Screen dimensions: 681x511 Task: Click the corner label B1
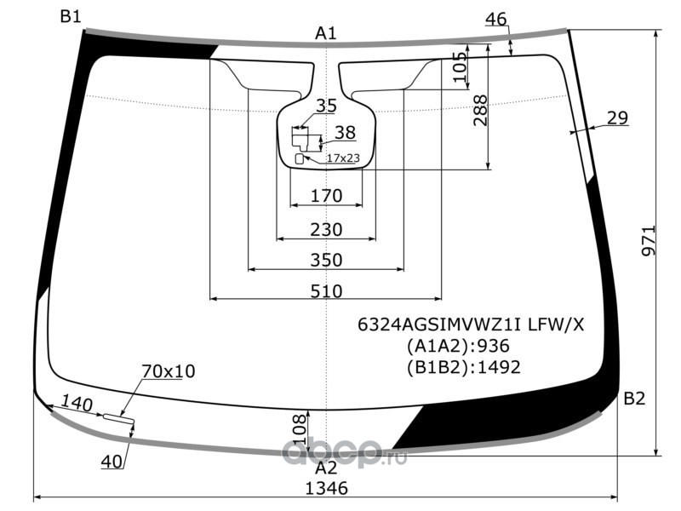[71, 17]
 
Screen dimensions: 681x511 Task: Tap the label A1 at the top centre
[326, 33]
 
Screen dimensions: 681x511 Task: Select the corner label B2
[634, 398]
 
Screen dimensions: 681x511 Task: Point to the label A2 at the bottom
[326, 468]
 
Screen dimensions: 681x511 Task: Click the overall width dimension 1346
[327, 488]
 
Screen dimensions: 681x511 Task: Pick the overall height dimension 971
[649, 240]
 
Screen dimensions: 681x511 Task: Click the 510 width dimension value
[326, 291]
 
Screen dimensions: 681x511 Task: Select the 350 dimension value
[326, 260]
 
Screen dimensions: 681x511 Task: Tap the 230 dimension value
[326, 229]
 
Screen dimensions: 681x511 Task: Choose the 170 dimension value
[327, 196]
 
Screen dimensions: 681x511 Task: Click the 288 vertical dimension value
[480, 111]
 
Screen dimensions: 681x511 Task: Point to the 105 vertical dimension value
[461, 67]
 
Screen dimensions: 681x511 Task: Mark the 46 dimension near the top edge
[495, 19]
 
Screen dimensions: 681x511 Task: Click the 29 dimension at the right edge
[617, 118]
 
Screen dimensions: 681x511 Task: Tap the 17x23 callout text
[343, 158]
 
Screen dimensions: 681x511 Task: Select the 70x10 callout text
[169, 371]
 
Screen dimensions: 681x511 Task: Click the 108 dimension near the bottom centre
[300, 429]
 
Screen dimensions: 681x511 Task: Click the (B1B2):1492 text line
[463, 368]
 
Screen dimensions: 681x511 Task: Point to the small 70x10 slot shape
[118, 418]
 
